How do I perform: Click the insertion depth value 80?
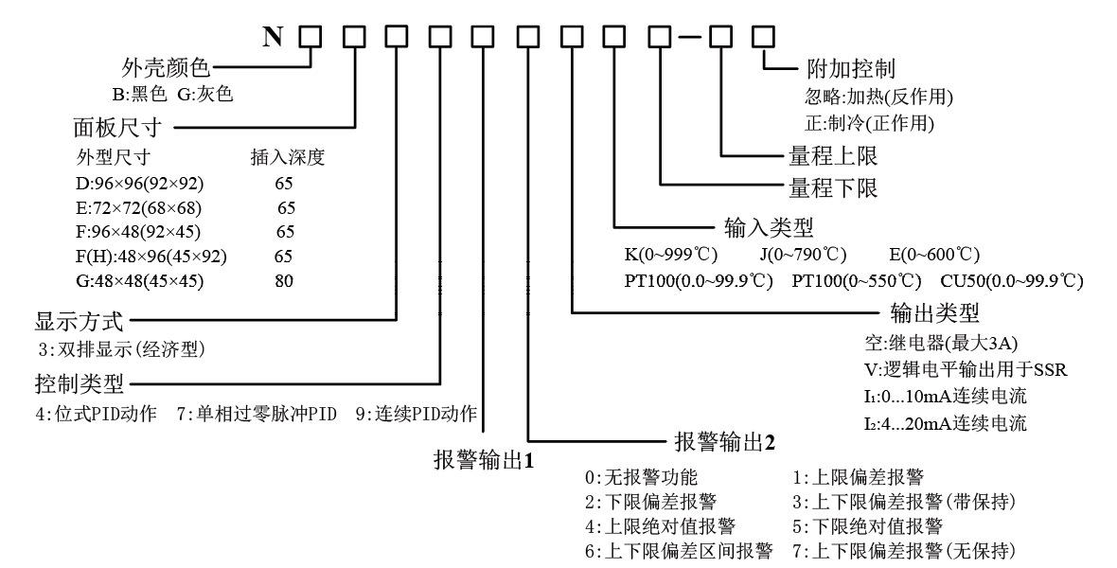[x=284, y=281]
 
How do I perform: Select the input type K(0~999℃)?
[x=668, y=255]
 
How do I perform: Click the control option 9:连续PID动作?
[x=417, y=414]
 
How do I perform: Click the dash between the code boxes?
[x=690, y=37]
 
